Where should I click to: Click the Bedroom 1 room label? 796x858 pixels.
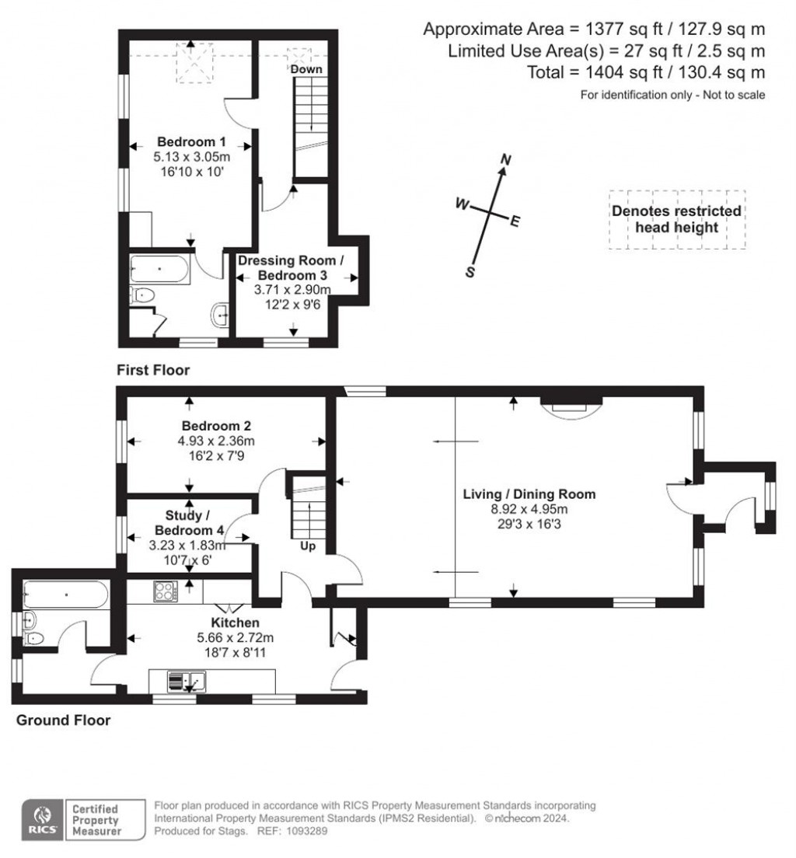coord(191,142)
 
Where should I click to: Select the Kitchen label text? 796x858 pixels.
coord(235,623)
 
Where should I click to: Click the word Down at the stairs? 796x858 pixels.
coord(306,70)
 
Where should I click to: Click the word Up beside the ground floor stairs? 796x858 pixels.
coord(308,546)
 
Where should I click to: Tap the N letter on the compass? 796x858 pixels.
coord(505,160)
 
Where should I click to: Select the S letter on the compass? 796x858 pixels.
coord(470,271)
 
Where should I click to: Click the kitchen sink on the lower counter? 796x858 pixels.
coord(184,682)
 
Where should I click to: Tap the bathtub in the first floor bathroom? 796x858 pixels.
coord(159,269)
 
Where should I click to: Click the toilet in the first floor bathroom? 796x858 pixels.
coord(141,295)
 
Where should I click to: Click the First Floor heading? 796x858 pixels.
coord(153,370)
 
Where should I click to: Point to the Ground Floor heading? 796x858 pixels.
coord(64,720)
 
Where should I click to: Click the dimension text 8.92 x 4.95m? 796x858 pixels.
coord(529,509)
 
